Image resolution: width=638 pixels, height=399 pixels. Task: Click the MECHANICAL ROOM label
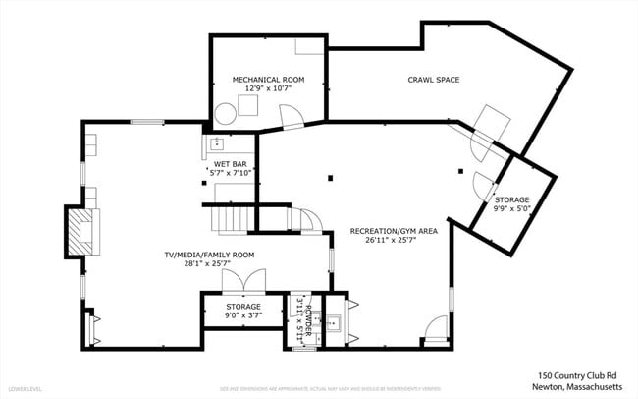[x=268, y=79]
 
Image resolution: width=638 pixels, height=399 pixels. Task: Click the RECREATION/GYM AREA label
[x=393, y=231]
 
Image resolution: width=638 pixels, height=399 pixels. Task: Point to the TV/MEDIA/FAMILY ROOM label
[x=209, y=255]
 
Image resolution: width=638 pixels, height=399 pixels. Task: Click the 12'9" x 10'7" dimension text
[x=268, y=88]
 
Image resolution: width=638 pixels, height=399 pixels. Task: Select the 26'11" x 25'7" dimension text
[x=393, y=241]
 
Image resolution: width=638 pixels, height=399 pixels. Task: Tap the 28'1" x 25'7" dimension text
[x=209, y=264]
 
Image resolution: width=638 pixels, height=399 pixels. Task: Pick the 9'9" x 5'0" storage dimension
[x=511, y=208]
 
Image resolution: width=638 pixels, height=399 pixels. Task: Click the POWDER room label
[x=306, y=318]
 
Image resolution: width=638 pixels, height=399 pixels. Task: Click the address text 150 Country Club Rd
[x=576, y=374]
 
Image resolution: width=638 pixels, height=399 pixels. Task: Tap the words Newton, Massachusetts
[x=576, y=386]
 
